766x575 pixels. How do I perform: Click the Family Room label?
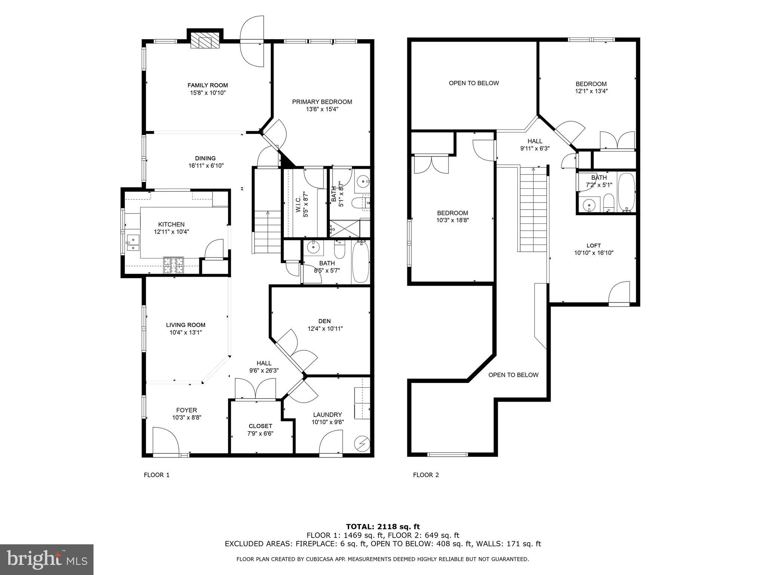pos(208,85)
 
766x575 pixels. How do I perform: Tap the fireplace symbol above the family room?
pos(205,40)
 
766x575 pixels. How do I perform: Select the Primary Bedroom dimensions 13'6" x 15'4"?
pos(322,109)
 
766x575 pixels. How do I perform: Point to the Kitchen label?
pos(171,224)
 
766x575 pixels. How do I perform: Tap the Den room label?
pos(325,321)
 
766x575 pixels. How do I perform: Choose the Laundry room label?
pos(328,415)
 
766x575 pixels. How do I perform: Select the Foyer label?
pos(187,410)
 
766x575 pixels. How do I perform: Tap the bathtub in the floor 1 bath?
pos(361,262)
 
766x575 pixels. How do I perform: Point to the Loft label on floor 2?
pos(594,246)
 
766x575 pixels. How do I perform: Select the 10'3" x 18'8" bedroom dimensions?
pos(453,220)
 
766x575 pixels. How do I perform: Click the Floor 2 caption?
pos(426,475)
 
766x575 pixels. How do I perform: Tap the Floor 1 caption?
pos(157,475)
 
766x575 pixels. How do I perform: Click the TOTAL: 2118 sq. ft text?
pos(383,527)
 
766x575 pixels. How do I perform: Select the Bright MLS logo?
pos(47,560)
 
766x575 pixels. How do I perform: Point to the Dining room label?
pos(205,158)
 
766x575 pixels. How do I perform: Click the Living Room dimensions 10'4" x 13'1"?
pos(186,332)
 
